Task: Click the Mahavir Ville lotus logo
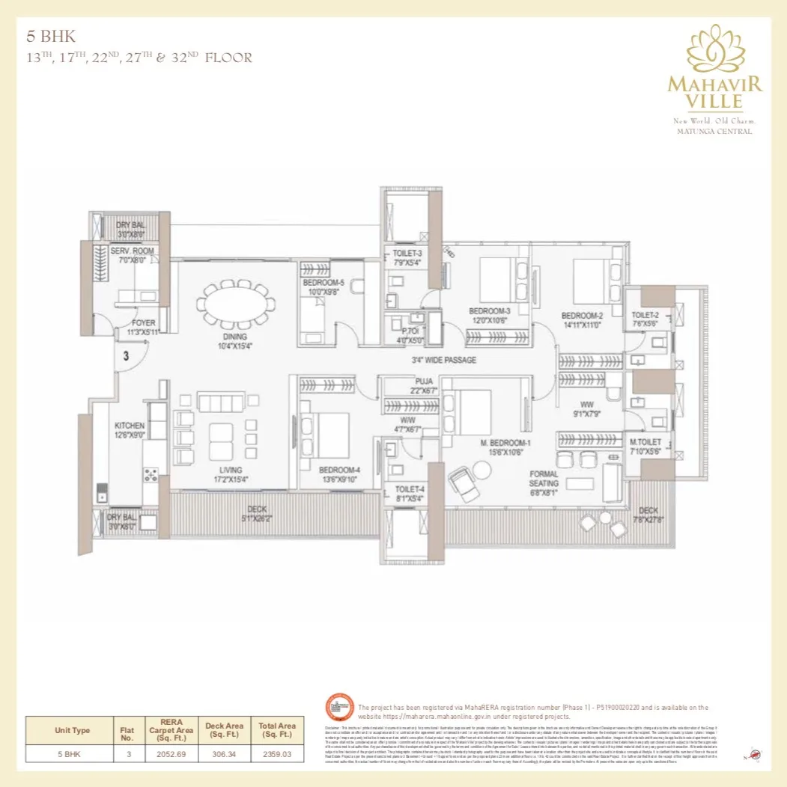pyautogui.click(x=714, y=49)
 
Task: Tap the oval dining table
pyautogui.click(x=234, y=307)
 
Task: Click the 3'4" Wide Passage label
pyautogui.click(x=444, y=360)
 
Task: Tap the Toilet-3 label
pyautogui.click(x=407, y=254)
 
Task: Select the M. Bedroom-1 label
pyautogui.click(x=485, y=444)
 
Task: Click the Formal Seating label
pyautogui.click(x=544, y=478)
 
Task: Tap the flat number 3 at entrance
pyautogui.click(x=126, y=357)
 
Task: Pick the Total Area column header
pyautogui.click(x=276, y=729)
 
